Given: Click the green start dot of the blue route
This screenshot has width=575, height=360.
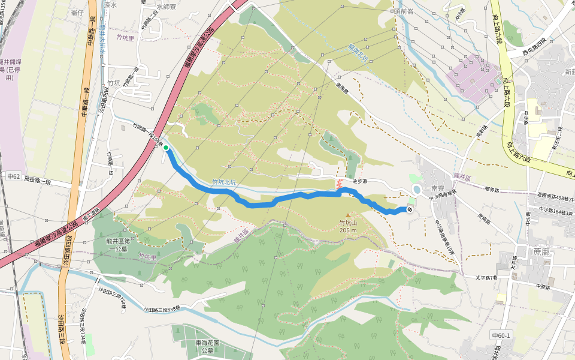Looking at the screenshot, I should tap(166, 147).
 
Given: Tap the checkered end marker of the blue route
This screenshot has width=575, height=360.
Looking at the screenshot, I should tap(409, 209).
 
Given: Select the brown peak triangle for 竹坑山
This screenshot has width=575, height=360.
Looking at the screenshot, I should tap(347, 215).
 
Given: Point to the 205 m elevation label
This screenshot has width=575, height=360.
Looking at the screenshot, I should tap(347, 230).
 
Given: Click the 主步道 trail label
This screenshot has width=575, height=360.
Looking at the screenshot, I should tap(359, 181).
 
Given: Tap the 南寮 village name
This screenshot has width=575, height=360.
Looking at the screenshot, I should tap(438, 188).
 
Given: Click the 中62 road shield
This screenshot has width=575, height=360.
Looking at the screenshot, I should tap(14, 176).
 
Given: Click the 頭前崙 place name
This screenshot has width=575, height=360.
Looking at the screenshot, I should tap(404, 11).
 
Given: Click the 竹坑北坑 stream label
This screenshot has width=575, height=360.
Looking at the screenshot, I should tap(225, 182).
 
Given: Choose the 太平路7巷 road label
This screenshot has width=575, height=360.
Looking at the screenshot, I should tap(487, 277).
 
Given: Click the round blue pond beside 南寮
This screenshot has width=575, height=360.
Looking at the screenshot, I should tap(416, 190).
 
